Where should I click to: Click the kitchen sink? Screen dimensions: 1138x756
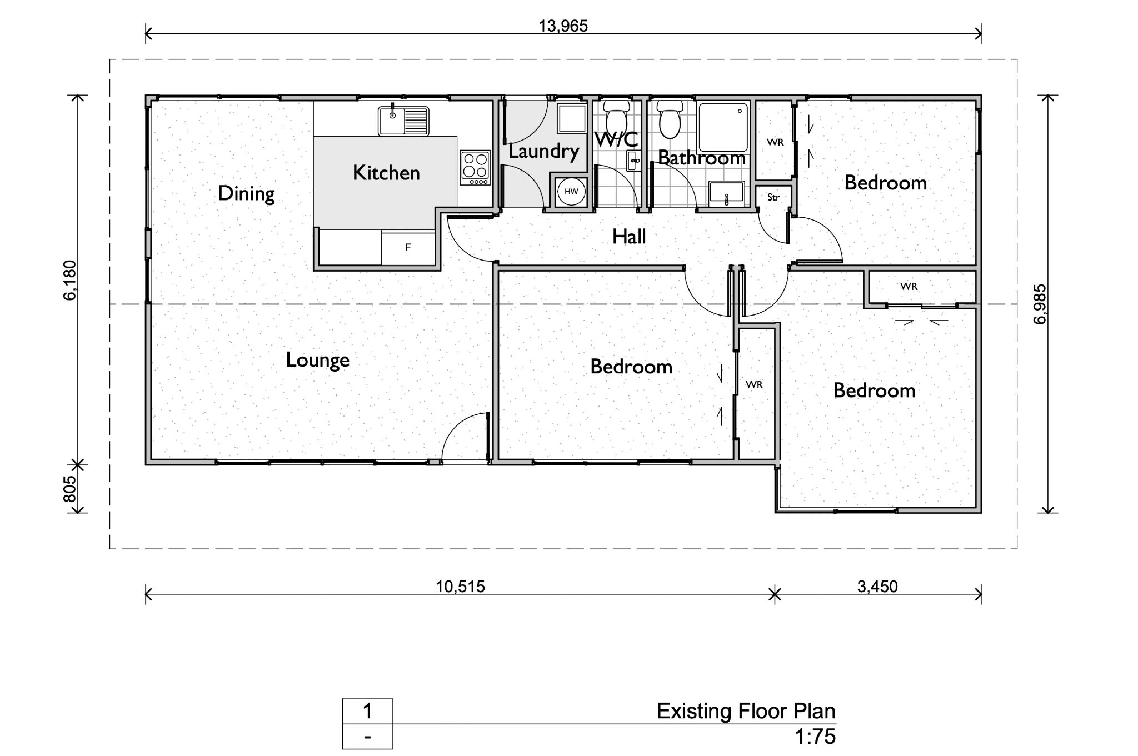point(404,121)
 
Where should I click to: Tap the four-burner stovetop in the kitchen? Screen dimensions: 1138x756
point(475,168)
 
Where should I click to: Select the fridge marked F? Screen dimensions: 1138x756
point(408,248)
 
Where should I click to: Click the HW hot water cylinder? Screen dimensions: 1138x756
point(571,192)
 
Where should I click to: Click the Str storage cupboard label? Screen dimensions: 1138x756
point(773,197)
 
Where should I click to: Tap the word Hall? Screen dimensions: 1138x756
point(629,237)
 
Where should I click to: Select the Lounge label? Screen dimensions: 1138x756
point(318,360)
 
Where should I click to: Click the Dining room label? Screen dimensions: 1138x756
point(246,194)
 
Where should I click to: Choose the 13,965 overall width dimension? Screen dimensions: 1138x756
point(563,26)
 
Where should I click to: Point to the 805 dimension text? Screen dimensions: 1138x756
point(70,489)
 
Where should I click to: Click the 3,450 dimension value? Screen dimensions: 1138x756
point(877,587)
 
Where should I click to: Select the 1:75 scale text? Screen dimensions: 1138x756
point(815,737)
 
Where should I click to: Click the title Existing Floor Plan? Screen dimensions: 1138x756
point(746,711)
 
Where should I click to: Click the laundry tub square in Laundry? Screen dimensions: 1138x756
point(572,117)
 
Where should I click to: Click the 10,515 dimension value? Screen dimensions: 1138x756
point(460,587)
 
